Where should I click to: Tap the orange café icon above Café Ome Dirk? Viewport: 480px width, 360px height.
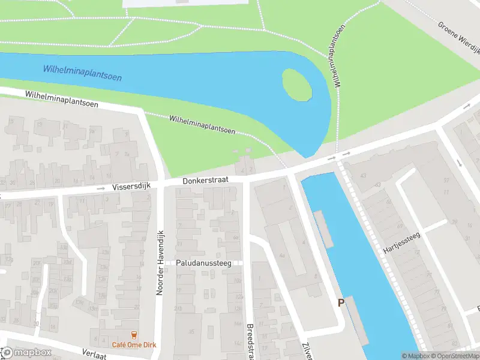coord(133,334)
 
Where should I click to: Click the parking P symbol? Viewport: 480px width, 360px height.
coord(341,303)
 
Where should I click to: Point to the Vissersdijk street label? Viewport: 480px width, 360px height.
coord(132,187)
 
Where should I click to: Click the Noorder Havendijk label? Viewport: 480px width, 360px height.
coord(160,262)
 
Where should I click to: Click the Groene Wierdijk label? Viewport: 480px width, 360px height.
coord(459,37)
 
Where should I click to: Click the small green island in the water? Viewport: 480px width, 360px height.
coord(297,85)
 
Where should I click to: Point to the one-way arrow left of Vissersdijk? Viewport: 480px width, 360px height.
coord(100,188)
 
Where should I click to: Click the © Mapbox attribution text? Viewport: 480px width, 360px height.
coord(416,356)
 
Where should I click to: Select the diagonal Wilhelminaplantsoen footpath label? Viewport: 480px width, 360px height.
coord(202,124)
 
